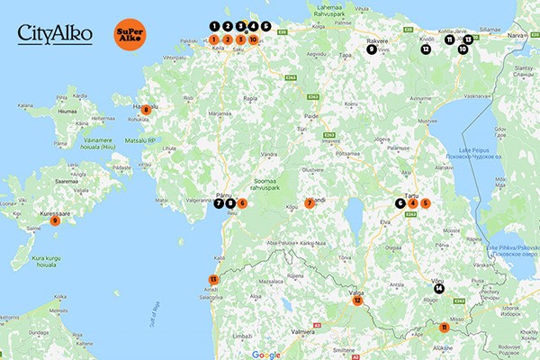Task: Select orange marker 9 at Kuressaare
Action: [x=55, y=220]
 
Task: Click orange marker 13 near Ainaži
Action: [x=213, y=280]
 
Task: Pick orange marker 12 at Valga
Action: [x=357, y=301]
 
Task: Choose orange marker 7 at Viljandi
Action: [x=310, y=203]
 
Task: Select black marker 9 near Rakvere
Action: [x=372, y=49]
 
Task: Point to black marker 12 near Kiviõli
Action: [x=425, y=49]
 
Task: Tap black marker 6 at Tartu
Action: [x=400, y=203]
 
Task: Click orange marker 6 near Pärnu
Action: [x=242, y=203]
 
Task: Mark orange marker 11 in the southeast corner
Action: [x=444, y=328]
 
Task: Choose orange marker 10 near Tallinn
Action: [x=254, y=40]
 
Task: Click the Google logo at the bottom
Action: [x=265, y=354]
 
